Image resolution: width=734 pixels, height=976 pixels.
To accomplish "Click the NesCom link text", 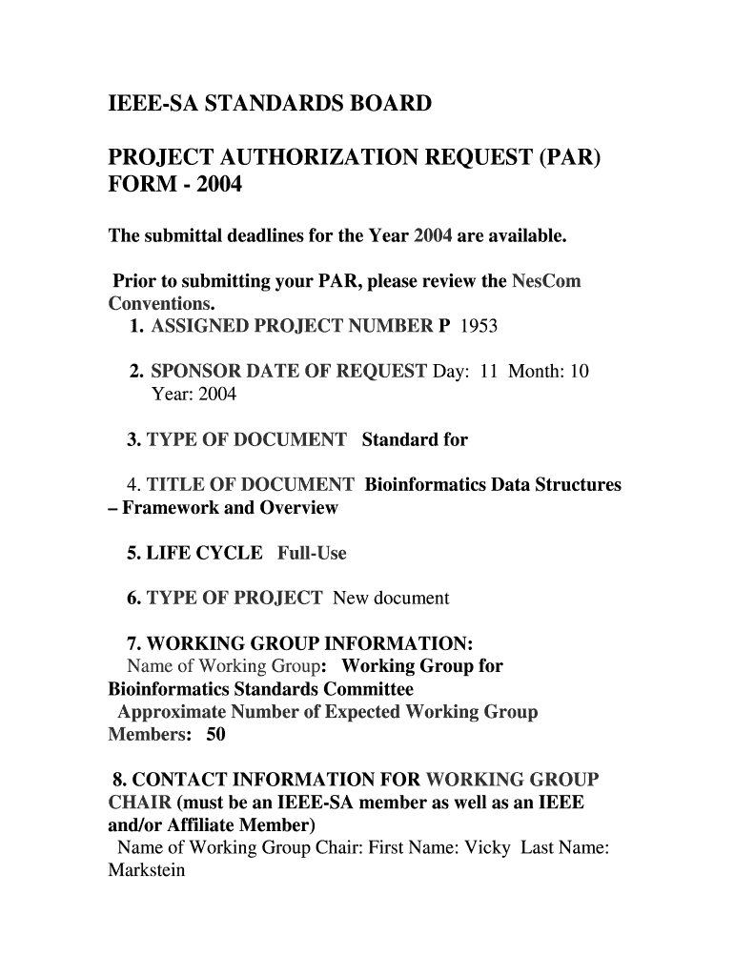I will tap(546, 282).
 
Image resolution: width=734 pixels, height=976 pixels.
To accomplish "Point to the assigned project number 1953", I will tap(479, 327).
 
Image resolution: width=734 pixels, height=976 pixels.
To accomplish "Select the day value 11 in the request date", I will tap(489, 372).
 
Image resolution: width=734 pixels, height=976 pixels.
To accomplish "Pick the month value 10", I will tap(580, 372).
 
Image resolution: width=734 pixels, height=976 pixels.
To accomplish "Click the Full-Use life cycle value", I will tap(312, 553).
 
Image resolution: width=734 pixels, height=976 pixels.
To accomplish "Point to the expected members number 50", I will tap(216, 735).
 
